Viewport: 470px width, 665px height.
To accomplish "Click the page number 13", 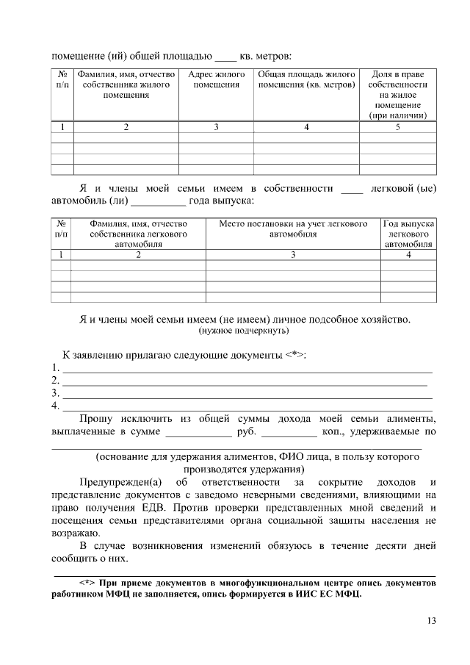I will pyautogui.click(x=431, y=621).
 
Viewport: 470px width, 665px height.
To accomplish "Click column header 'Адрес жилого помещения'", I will pyautogui.click(x=216, y=80).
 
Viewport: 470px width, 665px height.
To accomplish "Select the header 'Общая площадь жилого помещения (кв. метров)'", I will pyautogui.click(x=307, y=80).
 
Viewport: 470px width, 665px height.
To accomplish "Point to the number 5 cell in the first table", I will pyautogui.click(x=397, y=127).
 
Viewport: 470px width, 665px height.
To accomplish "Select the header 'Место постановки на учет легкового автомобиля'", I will pyautogui.click(x=292, y=229).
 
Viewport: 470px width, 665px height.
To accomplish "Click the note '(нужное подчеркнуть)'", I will pyautogui.click(x=245, y=331).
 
